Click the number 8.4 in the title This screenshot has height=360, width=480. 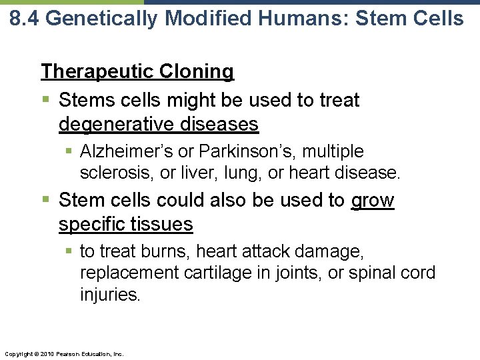click(x=25, y=19)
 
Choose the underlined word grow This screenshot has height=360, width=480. click(x=373, y=201)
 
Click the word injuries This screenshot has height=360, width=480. click(x=110, y=295)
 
